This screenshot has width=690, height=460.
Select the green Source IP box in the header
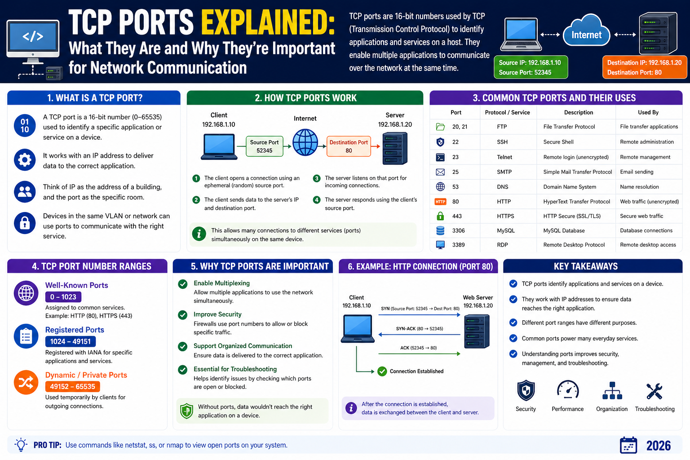pos(531,67)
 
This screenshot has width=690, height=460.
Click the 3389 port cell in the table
pos(458,245)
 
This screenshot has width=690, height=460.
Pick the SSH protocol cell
pos(502,142)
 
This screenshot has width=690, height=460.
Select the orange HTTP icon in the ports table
pos(440,202)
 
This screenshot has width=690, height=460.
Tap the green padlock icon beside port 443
pos(440,216)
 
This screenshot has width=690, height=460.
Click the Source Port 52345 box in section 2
pos(265,146)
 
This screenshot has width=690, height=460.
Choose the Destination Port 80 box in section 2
pos(349,146)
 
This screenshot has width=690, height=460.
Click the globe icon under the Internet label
pos(305,142)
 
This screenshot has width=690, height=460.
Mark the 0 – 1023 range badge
pos(63,297)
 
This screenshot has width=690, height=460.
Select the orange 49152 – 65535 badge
pos(72,386)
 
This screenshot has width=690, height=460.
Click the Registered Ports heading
pos(75,330)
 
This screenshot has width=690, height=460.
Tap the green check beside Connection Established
pos(382,372)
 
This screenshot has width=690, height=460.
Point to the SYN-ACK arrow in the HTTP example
pos(419,334)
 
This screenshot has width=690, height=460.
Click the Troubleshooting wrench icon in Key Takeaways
pos(654,391)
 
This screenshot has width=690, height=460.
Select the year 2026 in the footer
pos(658,446)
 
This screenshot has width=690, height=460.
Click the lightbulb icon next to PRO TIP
pos(21,445)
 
